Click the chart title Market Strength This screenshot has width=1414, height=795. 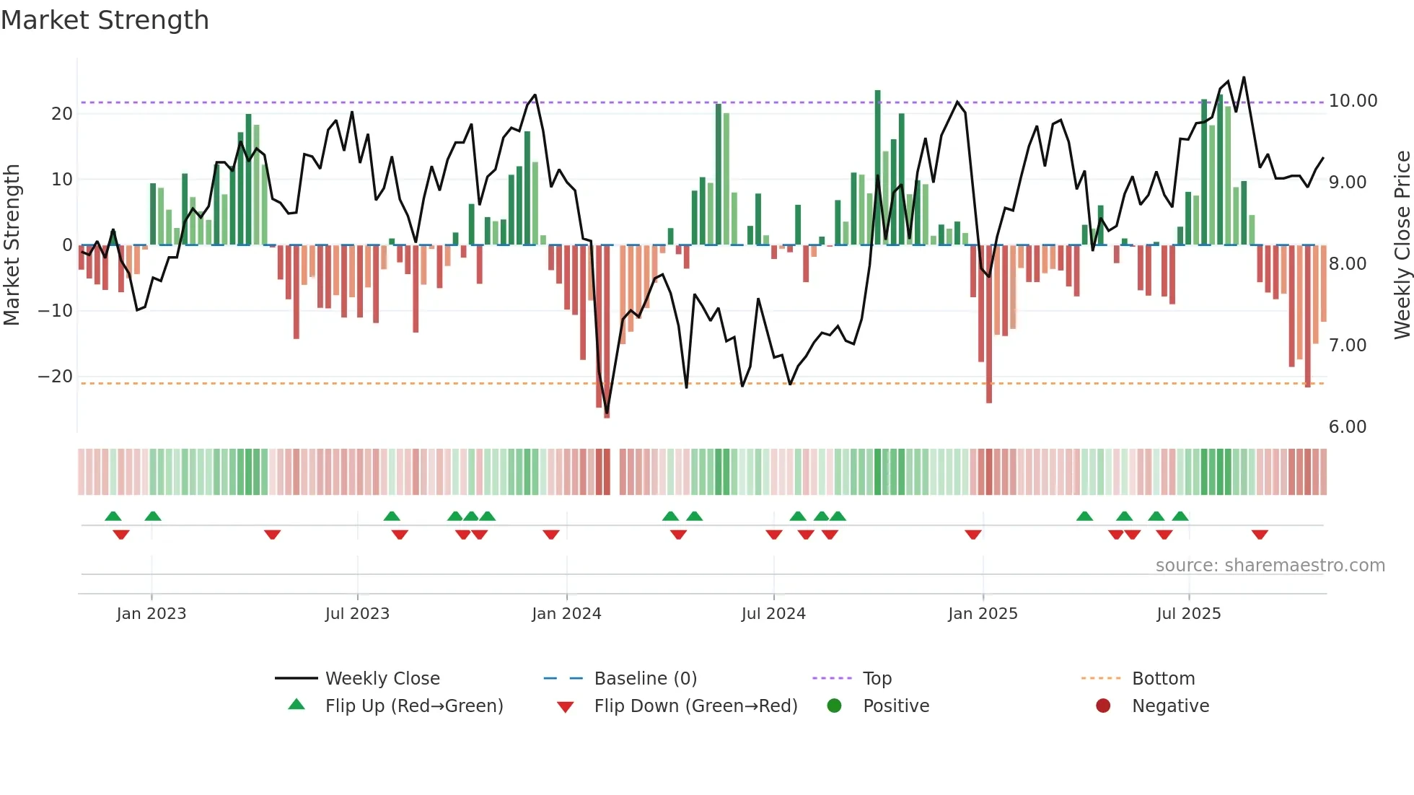[x=105, y=20]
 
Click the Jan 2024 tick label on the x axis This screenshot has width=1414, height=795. [x=566, y=614]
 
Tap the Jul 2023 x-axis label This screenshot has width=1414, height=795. [x=357, y=614]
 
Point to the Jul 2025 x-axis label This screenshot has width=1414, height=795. [x=1188, y=614]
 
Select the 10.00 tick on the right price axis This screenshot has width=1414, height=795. [x=1353, y=101]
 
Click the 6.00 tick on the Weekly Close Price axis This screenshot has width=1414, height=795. [x=1347, y=427]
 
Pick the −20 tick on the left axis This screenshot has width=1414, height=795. [x=56, y=377]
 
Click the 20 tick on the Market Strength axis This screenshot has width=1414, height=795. [x=62, y=114]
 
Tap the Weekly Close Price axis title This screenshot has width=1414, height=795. [x=1402, y=245]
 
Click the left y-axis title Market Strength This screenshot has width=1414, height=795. [x=12, y=245]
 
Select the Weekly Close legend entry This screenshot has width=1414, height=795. [x=382, y=679]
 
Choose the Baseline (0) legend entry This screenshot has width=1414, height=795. [x=645, y=679]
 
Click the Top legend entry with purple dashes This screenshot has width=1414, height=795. [x=877, y=679]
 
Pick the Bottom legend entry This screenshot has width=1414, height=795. [x=1163, y=679]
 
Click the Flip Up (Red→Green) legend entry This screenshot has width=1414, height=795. [x=413, y=706]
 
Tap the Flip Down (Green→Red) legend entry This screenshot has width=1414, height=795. [x=695, y=706]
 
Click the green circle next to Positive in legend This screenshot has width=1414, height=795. [x=835, y=706]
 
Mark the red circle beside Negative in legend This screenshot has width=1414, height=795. [x=1103, y=706]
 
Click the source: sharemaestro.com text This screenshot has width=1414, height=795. [x=1270, y=566]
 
